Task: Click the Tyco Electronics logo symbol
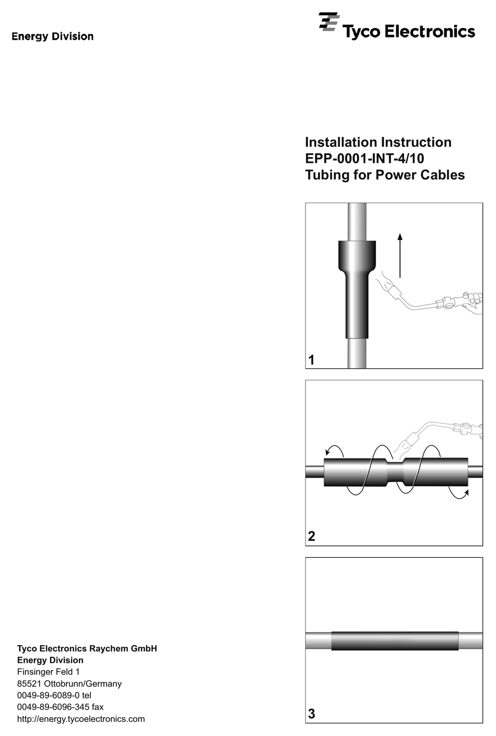[328, 23]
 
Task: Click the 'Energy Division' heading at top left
[53, 37]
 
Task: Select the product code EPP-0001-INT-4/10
[364, 158]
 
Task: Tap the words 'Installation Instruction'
[378, 142]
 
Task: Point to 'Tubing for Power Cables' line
[385, 175]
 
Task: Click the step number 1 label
[312, 360]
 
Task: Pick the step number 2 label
[312, 536]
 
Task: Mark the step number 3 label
[312, 714]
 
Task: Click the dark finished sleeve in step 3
[395, 641]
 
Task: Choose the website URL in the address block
[81, 719]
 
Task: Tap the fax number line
[61, 707]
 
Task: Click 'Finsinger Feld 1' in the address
[49, 672]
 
